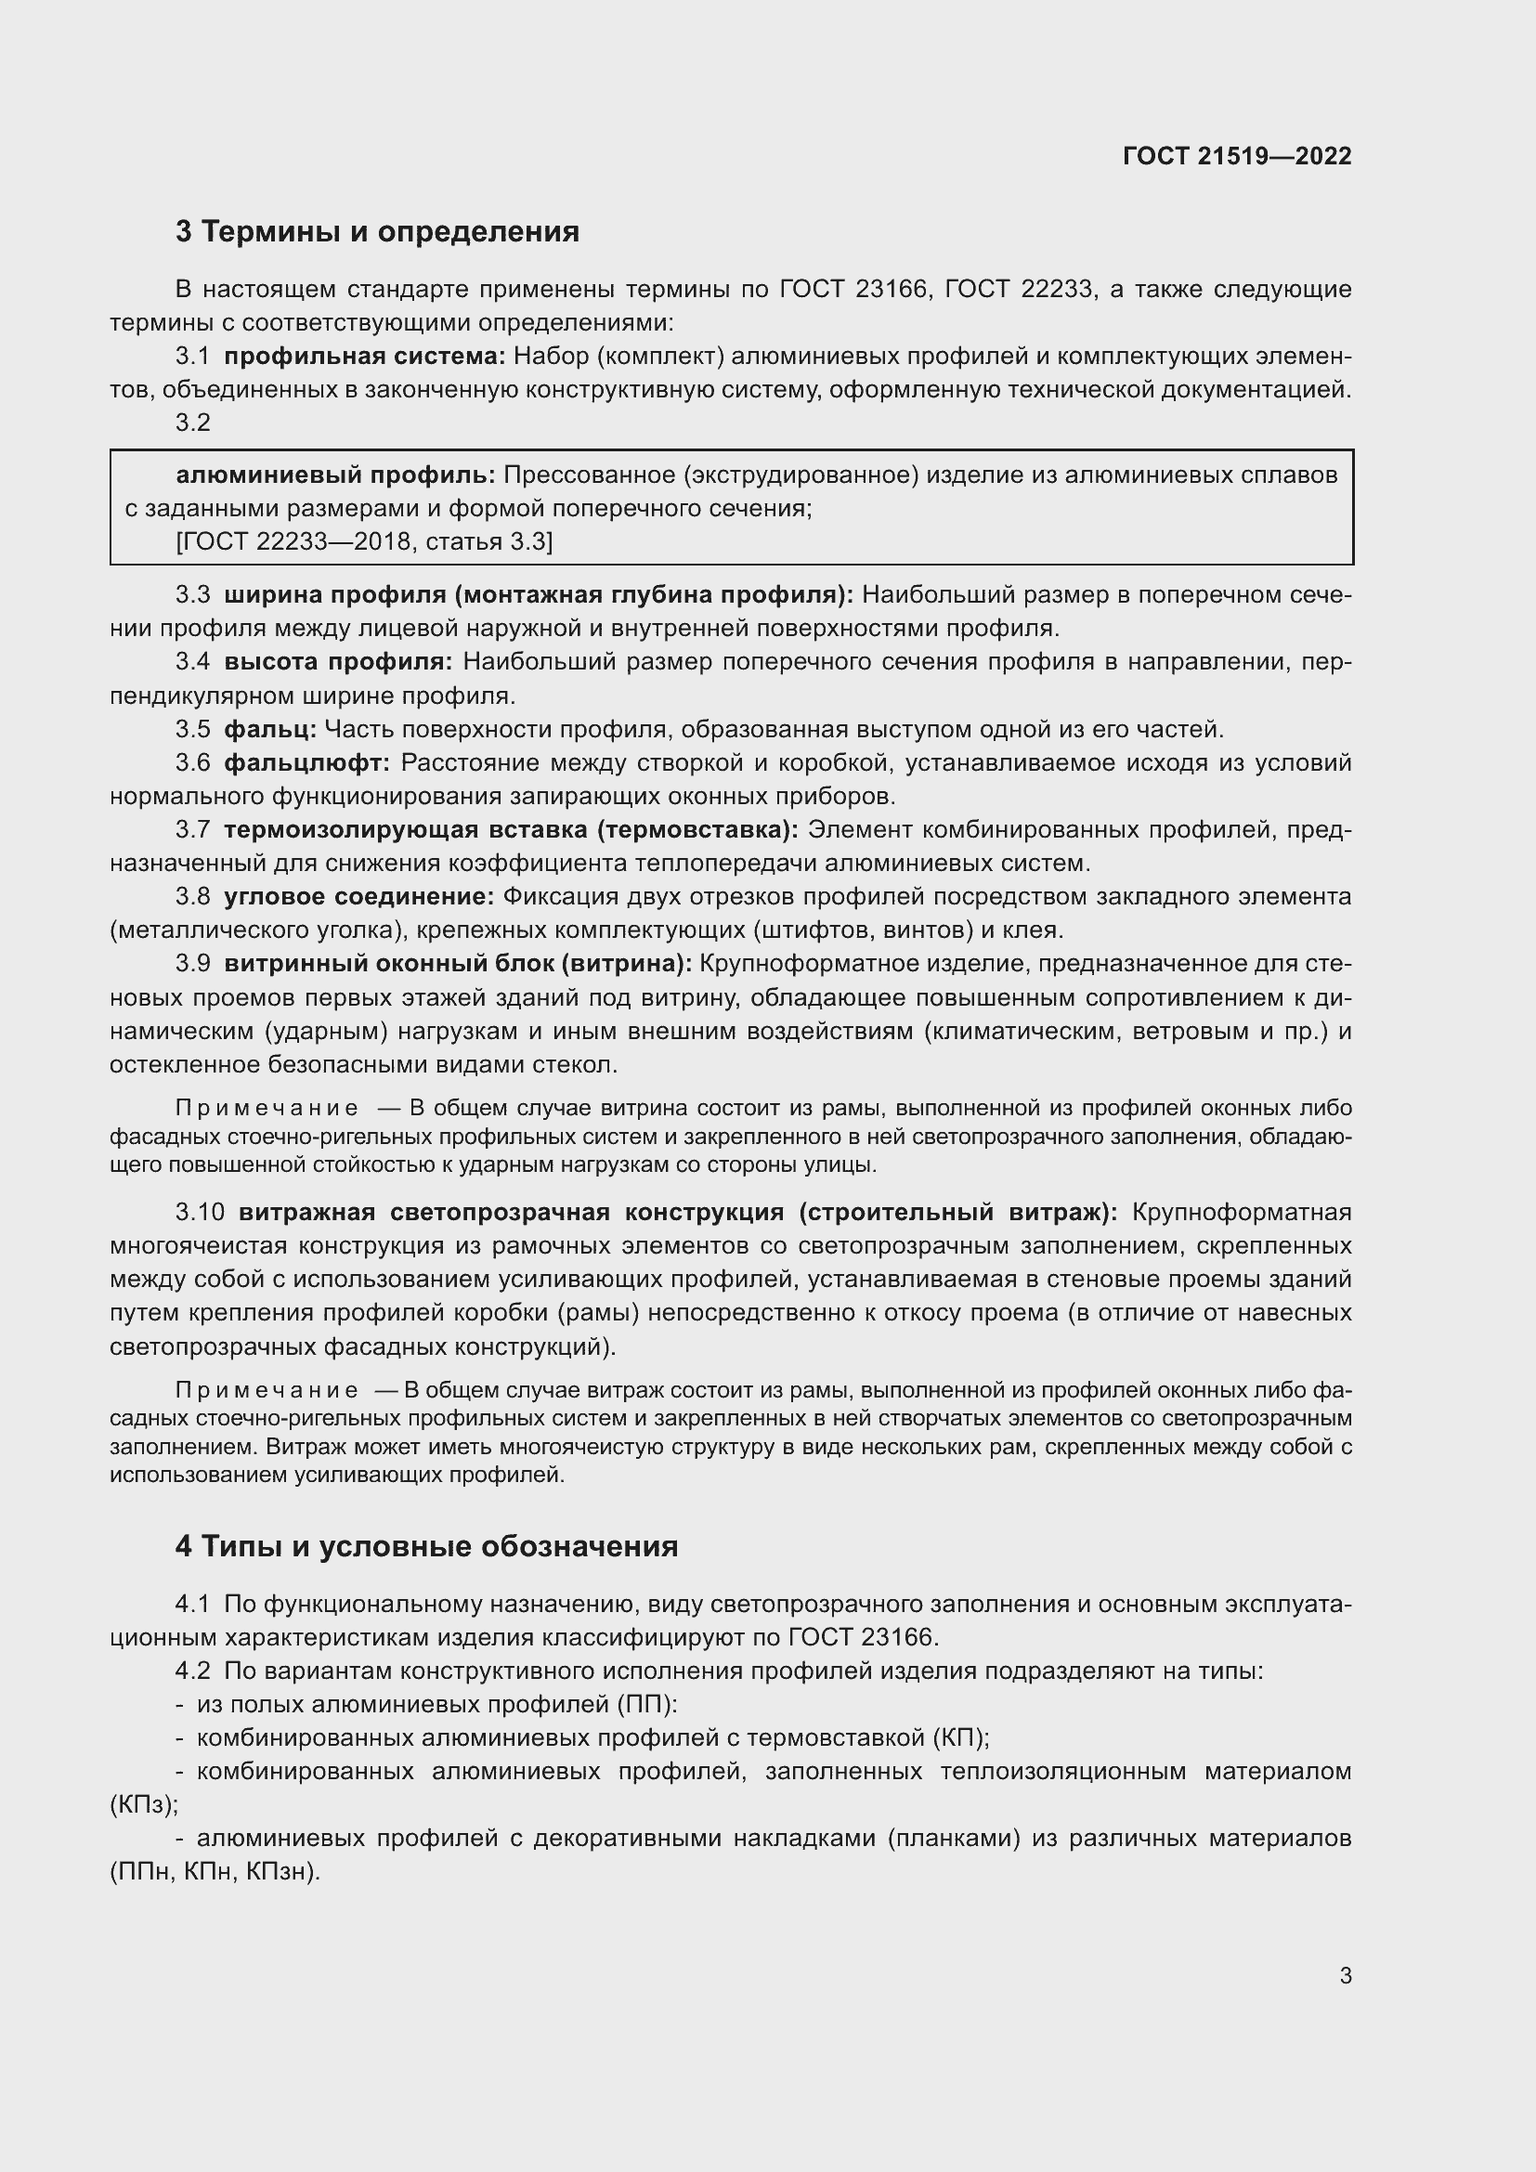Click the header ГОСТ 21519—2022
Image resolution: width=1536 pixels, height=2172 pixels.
[1236, 156]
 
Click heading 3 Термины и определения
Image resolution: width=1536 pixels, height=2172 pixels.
[376, 232]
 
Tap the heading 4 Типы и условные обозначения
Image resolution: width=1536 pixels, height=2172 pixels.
[425, 1546]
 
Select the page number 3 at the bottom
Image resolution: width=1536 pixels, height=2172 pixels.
[1345, 1975]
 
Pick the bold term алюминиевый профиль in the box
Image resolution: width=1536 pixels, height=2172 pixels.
[336, 475]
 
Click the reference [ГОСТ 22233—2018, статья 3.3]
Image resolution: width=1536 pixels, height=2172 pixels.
[364, 542]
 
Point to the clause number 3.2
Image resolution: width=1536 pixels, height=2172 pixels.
[193, 423]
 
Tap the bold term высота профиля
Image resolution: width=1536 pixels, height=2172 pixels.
[338, 662]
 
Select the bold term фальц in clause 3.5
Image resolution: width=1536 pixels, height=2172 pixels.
[269, 729]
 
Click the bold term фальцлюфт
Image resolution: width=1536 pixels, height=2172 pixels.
[306, 762]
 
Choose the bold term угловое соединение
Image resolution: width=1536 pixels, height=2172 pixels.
[358, 896]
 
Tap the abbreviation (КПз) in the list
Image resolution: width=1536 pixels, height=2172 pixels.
[143, 1804]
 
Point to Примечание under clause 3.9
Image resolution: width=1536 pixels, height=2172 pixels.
[267, 1108]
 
